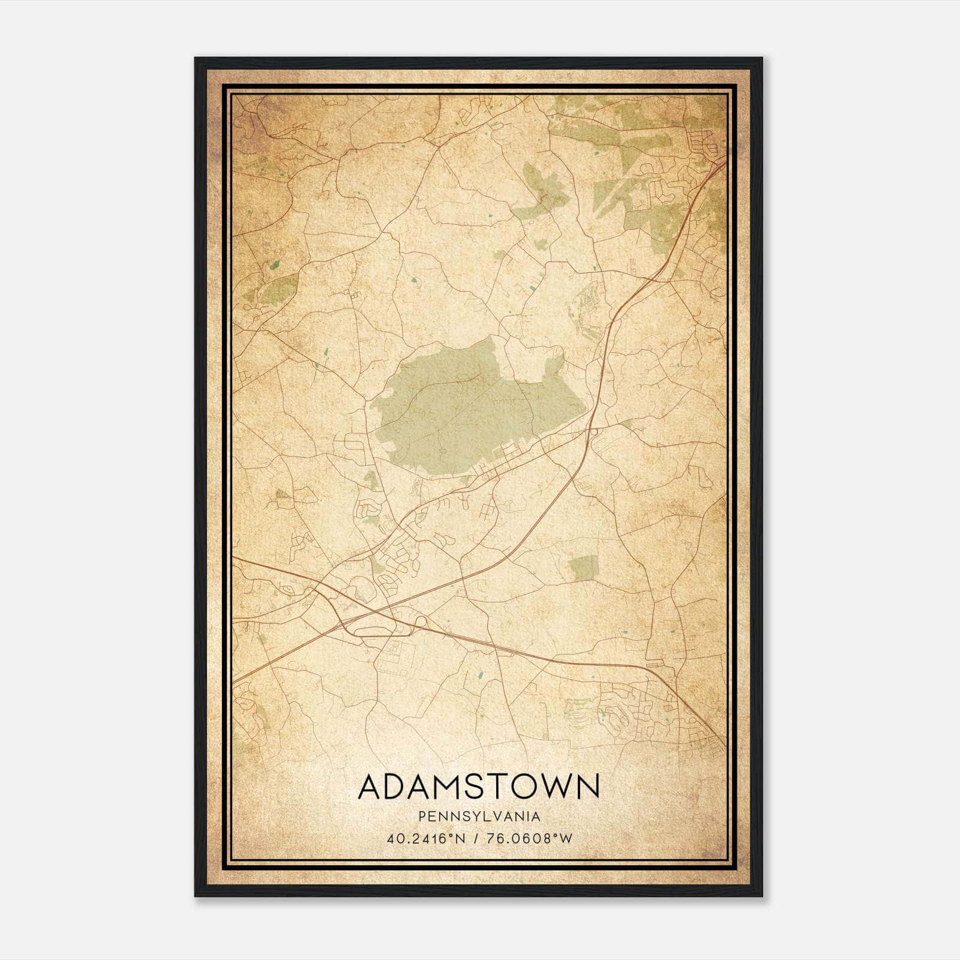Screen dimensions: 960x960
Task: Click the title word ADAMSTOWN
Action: click(x=479, y=787)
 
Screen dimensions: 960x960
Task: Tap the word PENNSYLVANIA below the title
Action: click(x=479, y=817)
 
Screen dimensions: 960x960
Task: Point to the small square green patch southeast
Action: click(x=584, y=566)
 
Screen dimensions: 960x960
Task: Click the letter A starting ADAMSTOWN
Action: click(x=371, y=787)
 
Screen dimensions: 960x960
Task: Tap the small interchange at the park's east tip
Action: click(x=593, y=430)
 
